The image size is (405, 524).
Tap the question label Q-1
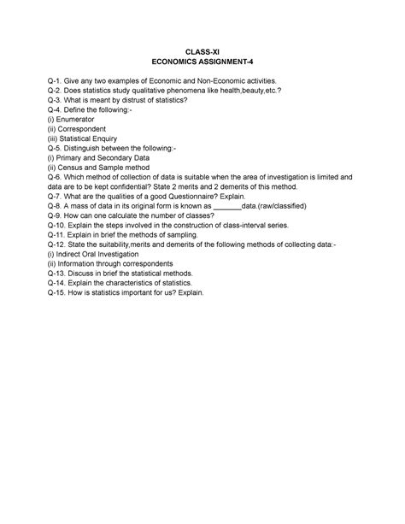pos(56,79)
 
